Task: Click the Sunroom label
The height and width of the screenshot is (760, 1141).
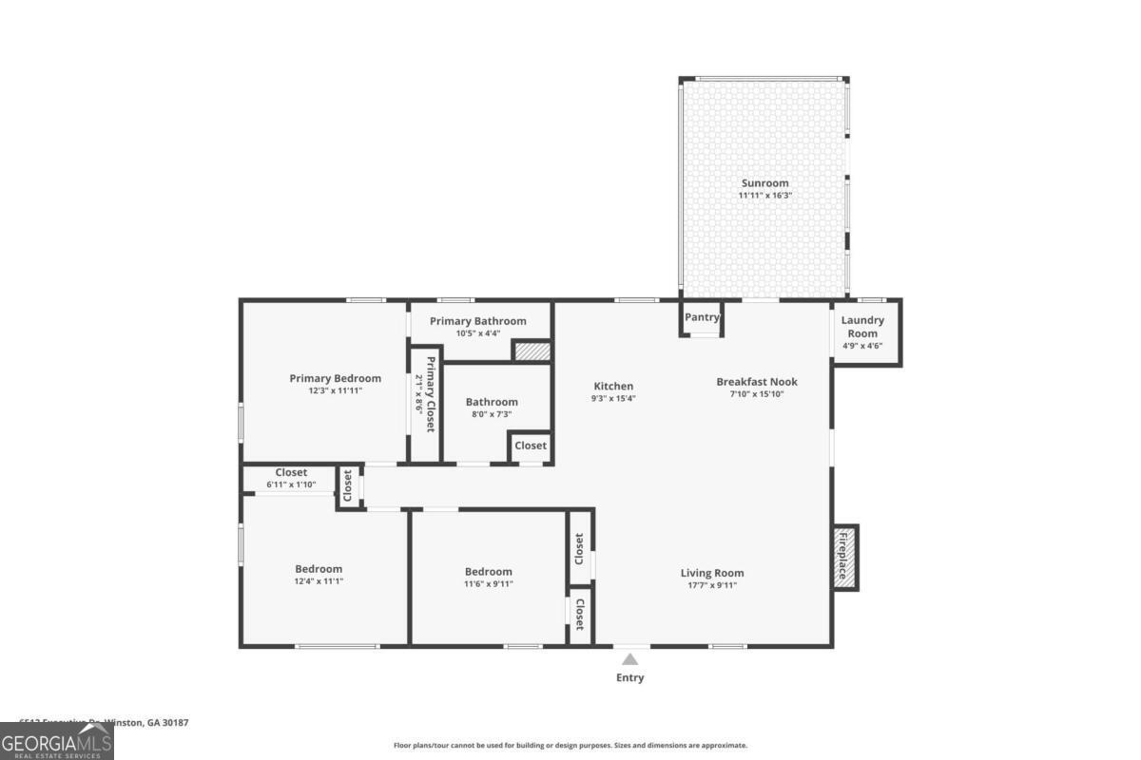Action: click(x=764, y=183)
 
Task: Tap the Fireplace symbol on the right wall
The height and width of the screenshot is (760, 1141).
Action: click(x=842, y=557)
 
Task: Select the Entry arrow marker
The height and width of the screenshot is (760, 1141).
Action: click(x=629, y=660)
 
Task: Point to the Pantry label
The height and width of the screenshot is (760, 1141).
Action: click(x=702, y=317)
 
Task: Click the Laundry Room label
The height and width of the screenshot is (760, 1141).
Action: click(x=862, y=327)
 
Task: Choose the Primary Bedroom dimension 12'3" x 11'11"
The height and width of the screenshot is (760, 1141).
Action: click(x=335, y=390)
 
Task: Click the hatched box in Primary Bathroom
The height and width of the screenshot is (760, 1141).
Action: click(x=532, y=351)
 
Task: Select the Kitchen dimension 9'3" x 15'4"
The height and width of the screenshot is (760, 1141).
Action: click(x=613, y=399)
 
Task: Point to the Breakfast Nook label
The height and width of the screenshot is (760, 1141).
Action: click(x=757, y=382)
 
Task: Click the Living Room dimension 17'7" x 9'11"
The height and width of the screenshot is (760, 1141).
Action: click(x=712, y=585)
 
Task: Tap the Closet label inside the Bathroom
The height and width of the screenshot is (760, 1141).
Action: click(x=531, y=446)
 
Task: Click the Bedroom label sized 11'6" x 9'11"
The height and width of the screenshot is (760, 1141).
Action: click(x=488, y=572)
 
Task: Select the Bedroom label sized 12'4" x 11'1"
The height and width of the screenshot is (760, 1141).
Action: click(x=319, y=569)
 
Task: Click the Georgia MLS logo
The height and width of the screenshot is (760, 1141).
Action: click(x=56, y=741)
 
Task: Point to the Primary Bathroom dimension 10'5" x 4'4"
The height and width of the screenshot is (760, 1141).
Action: click(x=477, y=333)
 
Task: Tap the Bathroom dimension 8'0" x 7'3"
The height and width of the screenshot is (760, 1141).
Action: click(x=492, y=414)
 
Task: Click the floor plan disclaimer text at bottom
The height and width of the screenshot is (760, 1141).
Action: click(x=570, y=746)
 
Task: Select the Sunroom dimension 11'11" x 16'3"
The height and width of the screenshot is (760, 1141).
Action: click(x=764, y=196)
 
